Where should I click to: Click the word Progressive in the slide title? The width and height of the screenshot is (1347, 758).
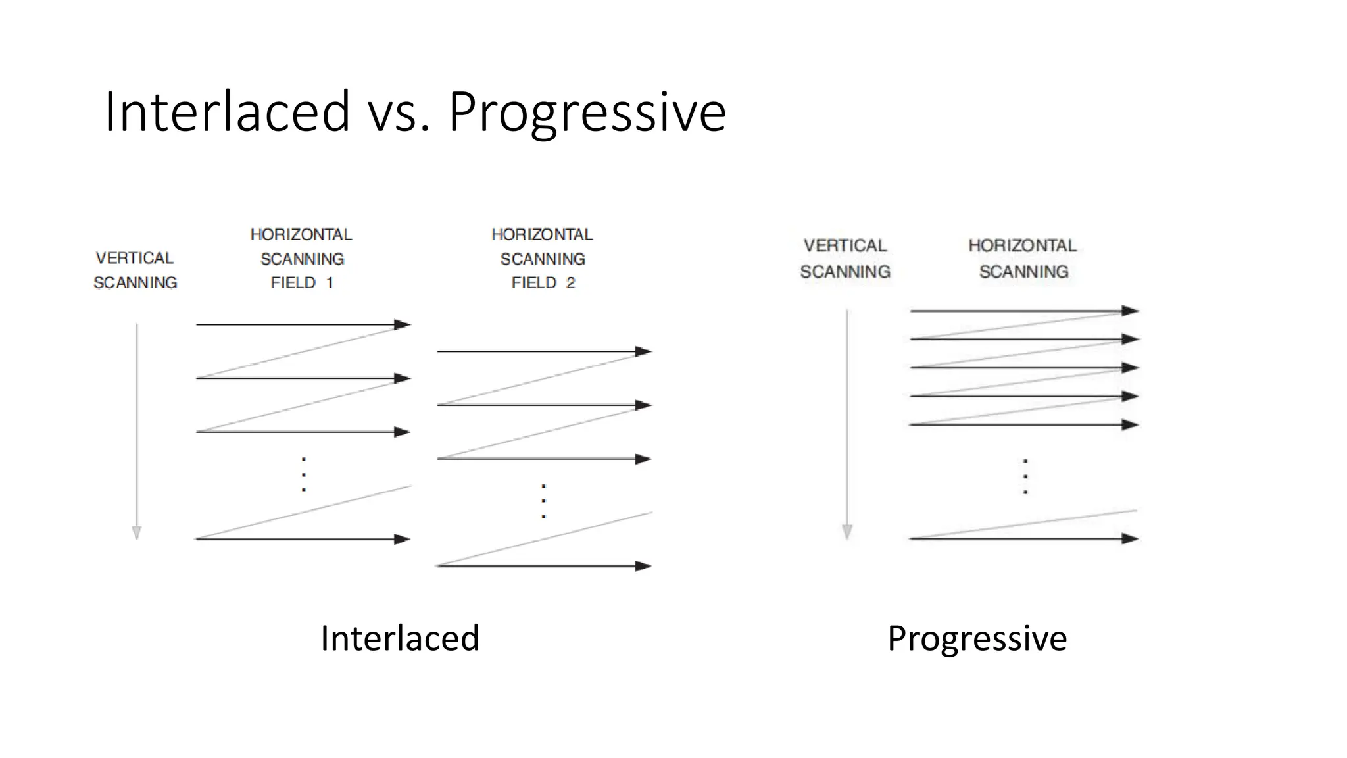coord(587,112)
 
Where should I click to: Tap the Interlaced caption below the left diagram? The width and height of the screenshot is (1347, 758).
coord(400,638)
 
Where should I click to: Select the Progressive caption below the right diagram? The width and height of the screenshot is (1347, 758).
coord(977,638)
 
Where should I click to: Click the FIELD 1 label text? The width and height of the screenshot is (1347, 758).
coord(302,283)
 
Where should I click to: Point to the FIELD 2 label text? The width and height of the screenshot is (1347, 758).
coord(543,283)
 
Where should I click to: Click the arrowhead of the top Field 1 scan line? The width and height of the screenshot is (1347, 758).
coord(403,324)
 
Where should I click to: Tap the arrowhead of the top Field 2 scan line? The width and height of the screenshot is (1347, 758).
coord(643,351)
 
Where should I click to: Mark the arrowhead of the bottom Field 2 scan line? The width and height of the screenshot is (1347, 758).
coord(643,566)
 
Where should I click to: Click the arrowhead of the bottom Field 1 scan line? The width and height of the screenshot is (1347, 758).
coord(403,539)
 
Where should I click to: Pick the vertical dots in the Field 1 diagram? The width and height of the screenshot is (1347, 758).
coord(303,474)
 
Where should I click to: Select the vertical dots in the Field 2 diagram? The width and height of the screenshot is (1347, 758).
coord(543,501)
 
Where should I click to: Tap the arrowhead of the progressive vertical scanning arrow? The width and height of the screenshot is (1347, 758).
coord(847,532)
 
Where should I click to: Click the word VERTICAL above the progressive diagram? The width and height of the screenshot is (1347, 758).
coord(845,245)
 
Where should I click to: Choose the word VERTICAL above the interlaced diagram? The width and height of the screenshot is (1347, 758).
coord(135,258)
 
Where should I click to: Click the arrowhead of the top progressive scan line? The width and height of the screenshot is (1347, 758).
coord(1131,311)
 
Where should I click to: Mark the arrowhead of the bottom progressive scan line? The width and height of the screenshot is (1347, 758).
coord(1131,538)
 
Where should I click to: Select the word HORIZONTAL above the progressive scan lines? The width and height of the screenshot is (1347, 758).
coord(1023,245)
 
